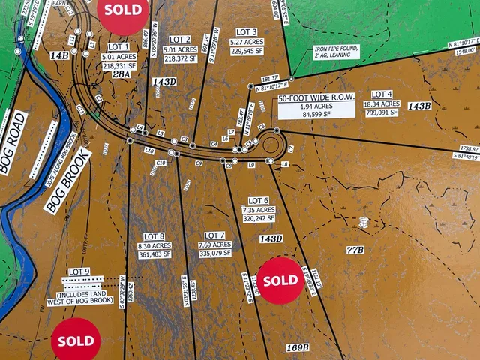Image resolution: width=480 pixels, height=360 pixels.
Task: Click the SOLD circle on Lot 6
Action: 280,279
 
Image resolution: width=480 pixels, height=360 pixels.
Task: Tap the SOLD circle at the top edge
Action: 123,12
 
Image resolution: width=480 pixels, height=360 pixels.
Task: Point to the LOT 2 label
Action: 180,40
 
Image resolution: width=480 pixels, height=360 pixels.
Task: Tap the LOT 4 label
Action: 381,94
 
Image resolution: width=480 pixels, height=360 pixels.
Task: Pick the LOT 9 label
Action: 79,271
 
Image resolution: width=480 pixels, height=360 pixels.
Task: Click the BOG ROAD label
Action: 13,143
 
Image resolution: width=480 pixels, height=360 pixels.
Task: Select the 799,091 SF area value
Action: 381,112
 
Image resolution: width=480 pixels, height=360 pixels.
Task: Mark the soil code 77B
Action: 355,249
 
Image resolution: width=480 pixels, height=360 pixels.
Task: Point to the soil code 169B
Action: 298,347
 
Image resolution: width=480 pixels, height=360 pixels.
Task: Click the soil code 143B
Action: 418,106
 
